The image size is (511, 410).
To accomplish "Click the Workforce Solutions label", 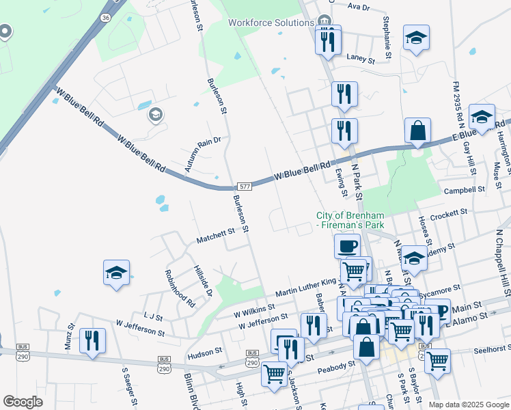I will (270, 23).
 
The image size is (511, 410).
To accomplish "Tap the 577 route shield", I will (245, 187).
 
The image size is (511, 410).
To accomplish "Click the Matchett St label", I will (215, 236).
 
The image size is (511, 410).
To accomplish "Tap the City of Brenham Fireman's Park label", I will (350, 220).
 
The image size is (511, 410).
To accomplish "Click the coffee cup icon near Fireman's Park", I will (348, 245).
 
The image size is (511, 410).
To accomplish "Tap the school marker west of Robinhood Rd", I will (117, 273).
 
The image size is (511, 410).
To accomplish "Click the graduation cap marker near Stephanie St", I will (416, 38).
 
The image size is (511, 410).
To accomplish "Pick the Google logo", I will (23, 401).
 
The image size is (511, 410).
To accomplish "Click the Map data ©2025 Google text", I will (468, 405).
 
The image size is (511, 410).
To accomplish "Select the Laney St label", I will (361, 59).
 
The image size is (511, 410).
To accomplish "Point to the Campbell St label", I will (464, 189).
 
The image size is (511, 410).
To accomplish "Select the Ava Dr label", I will (358, 7).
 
